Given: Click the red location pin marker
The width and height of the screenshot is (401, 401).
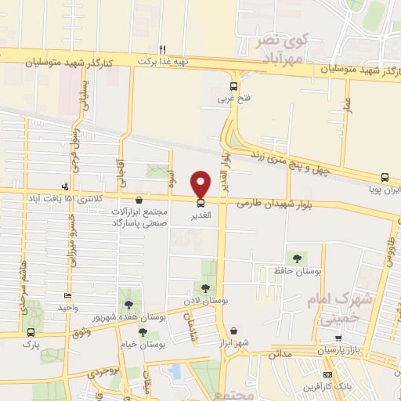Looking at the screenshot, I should coord(201,183).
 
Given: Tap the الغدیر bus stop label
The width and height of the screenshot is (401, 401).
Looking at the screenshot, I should coord(201,213).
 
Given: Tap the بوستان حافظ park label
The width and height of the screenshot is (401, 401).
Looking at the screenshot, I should coord(300,270).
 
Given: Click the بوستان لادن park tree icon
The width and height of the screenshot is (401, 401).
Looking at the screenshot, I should coord(206,289).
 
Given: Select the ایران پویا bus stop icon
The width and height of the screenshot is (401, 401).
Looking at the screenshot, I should coord(385,178).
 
